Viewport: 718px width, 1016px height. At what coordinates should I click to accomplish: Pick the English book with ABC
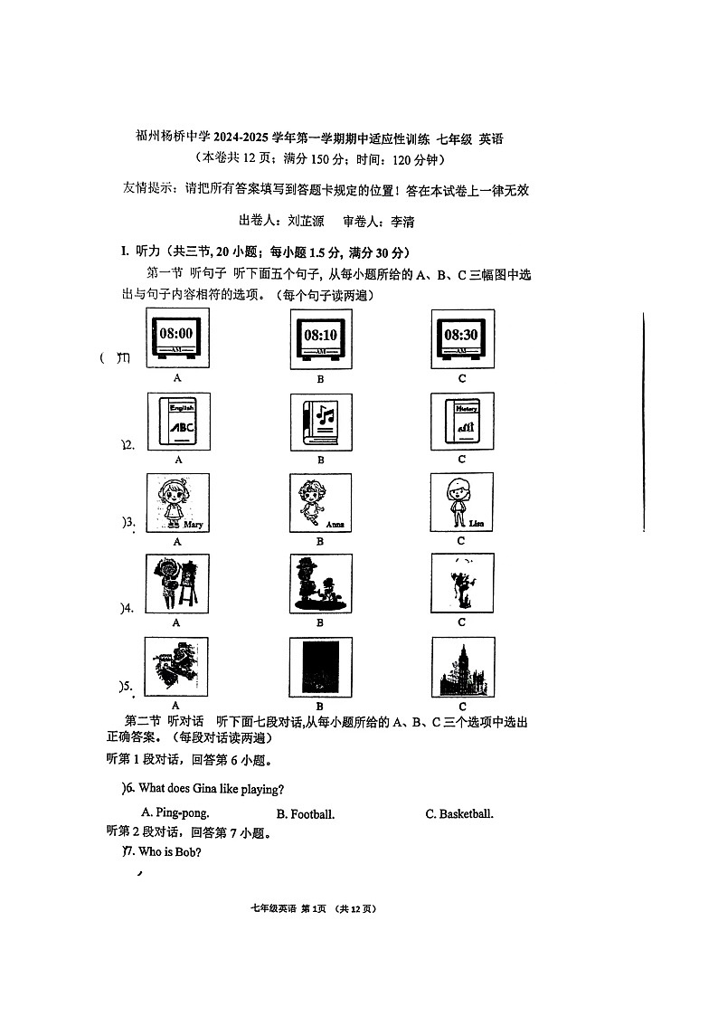177,422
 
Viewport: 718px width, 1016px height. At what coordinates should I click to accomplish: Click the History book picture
462,422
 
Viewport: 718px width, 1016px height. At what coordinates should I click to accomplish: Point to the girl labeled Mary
177,503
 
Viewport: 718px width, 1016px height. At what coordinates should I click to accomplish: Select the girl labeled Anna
320,504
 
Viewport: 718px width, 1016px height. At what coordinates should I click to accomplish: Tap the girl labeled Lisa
462,503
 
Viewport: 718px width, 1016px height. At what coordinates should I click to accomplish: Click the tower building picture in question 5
462,668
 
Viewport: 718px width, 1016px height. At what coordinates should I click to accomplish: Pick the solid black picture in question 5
320,668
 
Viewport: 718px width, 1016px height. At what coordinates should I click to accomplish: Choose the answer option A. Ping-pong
175,813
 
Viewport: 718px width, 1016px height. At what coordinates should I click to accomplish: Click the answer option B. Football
306,814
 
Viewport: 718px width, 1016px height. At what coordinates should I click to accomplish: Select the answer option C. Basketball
459,814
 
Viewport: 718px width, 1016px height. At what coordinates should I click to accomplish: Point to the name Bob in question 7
180,852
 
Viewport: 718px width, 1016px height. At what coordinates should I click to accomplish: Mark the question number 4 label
128,607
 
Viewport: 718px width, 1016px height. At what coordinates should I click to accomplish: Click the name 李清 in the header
400,221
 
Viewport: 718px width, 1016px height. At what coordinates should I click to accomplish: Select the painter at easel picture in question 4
177,584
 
